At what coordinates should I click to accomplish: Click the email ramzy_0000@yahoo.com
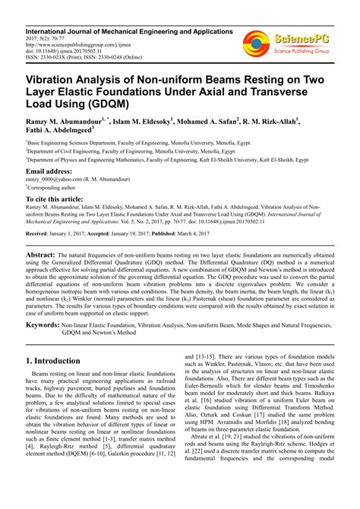(63, 181)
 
